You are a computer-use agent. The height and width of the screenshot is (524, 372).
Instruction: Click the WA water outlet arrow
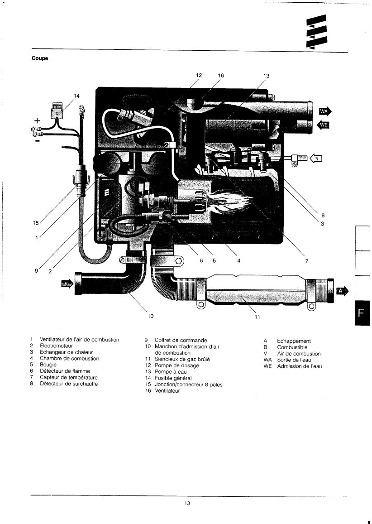tap(325, 111)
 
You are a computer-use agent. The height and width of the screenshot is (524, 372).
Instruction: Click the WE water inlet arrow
tap(324, 125)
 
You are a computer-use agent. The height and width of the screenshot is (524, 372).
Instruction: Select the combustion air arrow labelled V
tap(67, 284)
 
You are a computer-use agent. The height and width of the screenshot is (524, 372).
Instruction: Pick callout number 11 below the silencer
tap(257, 317)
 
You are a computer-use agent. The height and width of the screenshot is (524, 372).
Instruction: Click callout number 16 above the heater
tap(220, 76)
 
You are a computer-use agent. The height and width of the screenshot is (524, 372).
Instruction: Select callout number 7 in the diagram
tap(306, 260)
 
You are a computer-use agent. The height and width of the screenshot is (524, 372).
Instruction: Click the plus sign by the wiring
tap(37, 120)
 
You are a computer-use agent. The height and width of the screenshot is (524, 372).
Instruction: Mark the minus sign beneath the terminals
tap(37, 141)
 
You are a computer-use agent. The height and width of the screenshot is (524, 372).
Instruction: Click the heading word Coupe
tap(40, 58)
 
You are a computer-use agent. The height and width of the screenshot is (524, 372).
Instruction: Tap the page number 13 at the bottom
tap(187, 504)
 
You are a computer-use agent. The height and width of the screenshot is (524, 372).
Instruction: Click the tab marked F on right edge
tap(363, 313)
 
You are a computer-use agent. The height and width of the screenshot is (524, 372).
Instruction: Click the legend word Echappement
tap(294, 341)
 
